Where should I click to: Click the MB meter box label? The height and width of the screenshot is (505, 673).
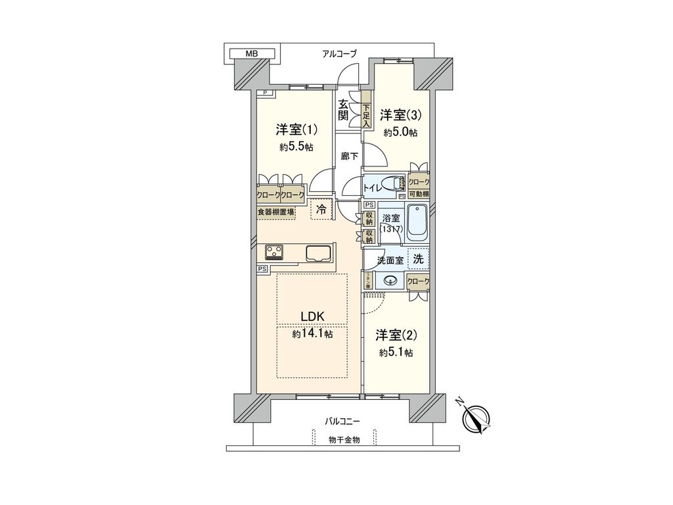(x=253, y=53)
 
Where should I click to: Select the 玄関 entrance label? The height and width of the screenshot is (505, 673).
(x=343, y=110)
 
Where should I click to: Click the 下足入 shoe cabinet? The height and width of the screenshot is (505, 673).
(x=366, y=111)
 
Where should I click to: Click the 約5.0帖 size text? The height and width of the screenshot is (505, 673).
(x=400, y=132)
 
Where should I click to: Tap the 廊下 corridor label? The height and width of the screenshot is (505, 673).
(x=350, y=156)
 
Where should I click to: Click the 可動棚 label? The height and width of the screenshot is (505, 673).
(x=418, y=193)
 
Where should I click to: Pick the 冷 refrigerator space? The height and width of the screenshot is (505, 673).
(x=321, y=210)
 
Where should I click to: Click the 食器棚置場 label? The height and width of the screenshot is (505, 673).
(x=276, y=212)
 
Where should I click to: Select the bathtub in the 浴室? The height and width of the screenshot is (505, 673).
(x=417, y=223)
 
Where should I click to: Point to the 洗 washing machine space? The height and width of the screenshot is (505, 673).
(x=418, y=258)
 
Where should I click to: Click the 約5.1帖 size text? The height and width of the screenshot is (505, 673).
(x=396, y=353)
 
